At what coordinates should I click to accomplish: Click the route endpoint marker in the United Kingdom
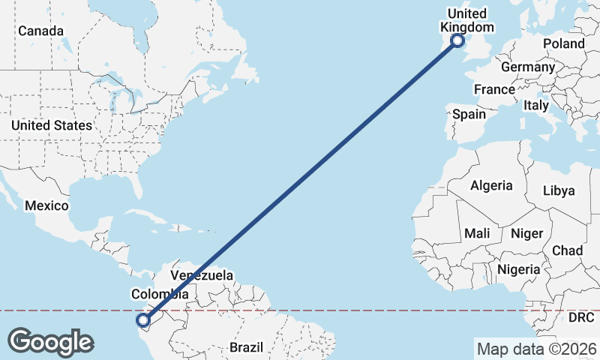pos(457,41)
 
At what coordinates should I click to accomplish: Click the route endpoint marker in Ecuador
pos(143,321)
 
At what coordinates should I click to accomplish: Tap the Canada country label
pos(40,31)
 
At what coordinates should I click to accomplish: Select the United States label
pos(52,125)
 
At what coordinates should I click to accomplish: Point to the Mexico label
pos(46,205)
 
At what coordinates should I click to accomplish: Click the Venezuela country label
pos(202,275)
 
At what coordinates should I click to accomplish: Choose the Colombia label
pos(159,294)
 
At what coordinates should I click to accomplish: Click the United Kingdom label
pos(466,21)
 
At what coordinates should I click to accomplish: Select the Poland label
pos(563,44)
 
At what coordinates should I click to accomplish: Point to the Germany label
pos(527,67)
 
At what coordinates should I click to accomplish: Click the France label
pos(494,89)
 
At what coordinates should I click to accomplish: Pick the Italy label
pos(536,105)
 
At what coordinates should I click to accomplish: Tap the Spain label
pos(469,115)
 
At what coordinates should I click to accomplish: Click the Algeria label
pos(491,185)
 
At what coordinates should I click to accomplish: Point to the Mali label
pos(477,233)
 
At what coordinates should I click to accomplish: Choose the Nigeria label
pos(518,269)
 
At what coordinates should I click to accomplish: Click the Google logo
pos(50,342)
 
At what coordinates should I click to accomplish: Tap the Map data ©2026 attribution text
pos(536,348)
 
